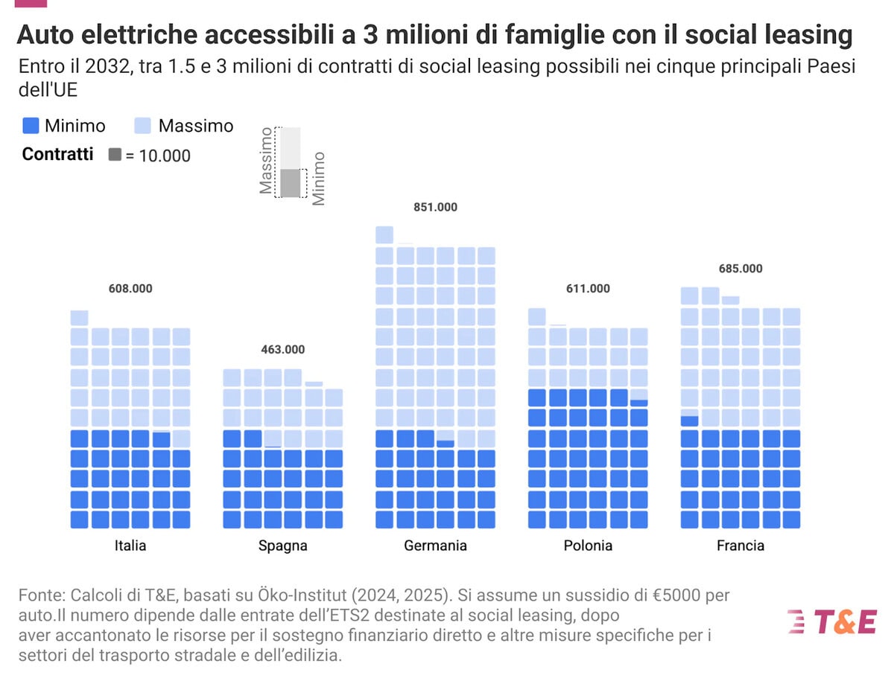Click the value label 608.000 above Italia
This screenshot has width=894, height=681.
(x=130, y=289)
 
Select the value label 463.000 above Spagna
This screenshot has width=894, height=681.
(x=282, y=349)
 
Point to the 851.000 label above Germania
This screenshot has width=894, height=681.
(x=435, y=207)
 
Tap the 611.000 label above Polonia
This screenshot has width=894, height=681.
(x=588, y=289)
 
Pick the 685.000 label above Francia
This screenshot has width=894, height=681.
(x=741, y=268)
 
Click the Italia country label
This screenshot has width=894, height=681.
(x=130, y=546)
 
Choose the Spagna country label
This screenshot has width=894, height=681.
(x=282, y=546)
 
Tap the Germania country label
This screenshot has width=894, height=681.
(x=435, y=546)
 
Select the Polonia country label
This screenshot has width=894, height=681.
(x=588, y=546)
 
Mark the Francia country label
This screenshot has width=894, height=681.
(x=741, y=546)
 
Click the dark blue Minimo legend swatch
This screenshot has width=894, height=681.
(x=31, y=126)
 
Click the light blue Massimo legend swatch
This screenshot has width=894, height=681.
(x=143, y=126)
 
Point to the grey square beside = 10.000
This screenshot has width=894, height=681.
(x=115, y=155)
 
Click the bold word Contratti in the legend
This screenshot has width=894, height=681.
(x=58, y=154)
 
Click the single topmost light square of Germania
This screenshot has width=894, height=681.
(x=384, y=235)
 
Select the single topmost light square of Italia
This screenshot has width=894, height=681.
(x=80, y=318)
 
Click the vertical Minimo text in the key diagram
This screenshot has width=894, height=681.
(x=319, y=179)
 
